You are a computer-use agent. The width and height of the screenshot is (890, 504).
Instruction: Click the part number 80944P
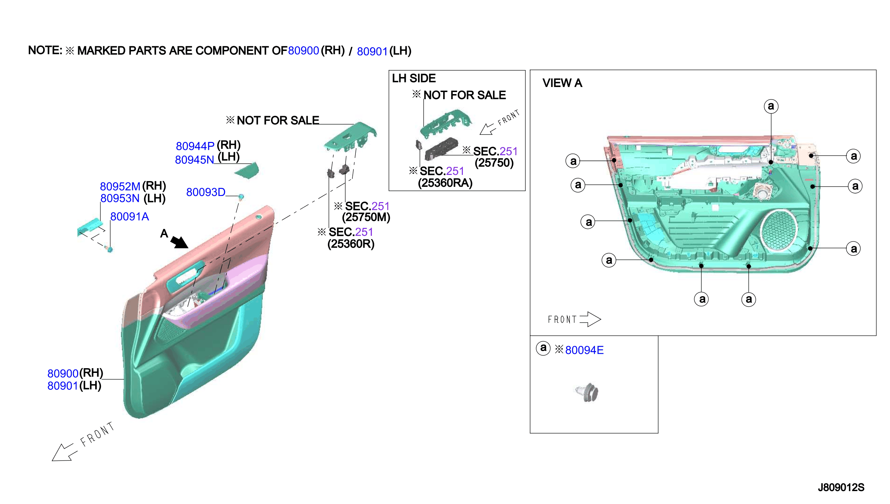(195, 146)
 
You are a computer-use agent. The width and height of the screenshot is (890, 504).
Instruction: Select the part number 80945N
(194, 160)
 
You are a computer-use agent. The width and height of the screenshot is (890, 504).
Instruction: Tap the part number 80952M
(120, 186)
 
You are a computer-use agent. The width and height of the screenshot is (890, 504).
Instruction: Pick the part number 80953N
(120, 198)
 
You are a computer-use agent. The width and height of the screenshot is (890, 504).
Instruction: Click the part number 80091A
(129, 216)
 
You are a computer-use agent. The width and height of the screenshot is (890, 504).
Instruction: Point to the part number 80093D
(206, 192)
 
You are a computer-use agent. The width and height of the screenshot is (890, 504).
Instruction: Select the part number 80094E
(584, 350)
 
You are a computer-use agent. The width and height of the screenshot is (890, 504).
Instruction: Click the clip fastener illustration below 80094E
(587, 393)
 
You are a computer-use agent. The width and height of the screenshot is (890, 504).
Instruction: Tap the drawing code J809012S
(841, 487)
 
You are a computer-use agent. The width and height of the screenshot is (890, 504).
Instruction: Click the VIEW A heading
(562, 83)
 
